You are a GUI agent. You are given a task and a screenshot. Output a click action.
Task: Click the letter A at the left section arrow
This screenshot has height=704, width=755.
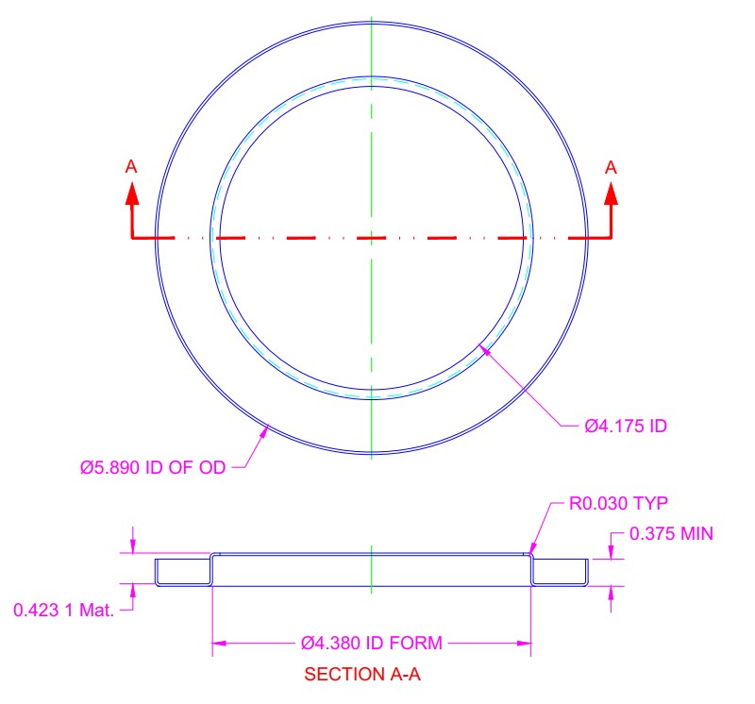tap(131, 167)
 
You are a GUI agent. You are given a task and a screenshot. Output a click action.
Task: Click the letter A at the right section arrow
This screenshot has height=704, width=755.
tap(611, 168)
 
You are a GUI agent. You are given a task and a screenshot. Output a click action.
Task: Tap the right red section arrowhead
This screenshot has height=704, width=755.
tap(611, 194)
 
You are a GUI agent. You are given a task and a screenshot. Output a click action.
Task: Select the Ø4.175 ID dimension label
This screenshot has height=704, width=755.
tap(626, 426)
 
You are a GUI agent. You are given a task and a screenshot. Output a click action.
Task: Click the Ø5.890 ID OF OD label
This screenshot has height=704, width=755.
tap(153, 467)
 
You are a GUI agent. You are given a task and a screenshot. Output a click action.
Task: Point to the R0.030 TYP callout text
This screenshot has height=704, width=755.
tap(618, 504)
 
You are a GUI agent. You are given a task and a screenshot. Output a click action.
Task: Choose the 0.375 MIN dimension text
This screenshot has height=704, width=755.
tap(671, 533)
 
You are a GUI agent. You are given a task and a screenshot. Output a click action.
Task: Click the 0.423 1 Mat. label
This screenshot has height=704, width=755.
tap(63, 610)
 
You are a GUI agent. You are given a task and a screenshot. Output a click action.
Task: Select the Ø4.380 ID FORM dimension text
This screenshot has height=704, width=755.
tap(371, 643)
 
